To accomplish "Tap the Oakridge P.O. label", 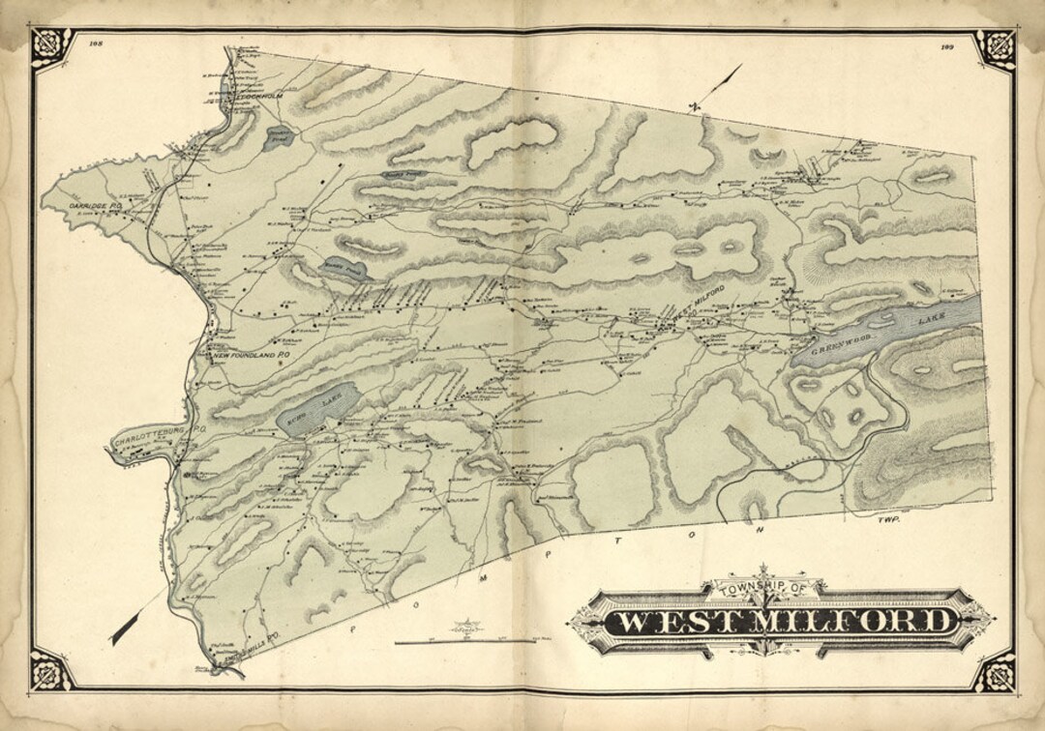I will pyautogui.click(x=93, y=205).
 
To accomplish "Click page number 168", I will pyautogui.click(x=95, y=43).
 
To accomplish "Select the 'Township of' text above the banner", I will pyautogui.click(x=765, y=586).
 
